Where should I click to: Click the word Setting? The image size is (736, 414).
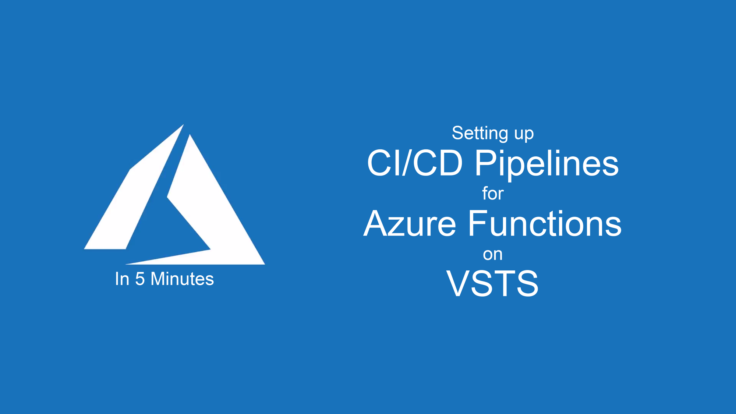480,133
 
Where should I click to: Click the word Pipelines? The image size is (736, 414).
547,164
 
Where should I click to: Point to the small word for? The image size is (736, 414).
493,193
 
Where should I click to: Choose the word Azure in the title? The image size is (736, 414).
410,223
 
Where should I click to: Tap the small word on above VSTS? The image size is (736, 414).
493,255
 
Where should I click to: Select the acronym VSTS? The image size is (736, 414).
492,283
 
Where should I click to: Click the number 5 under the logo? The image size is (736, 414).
140,279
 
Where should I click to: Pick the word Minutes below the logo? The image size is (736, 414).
182,279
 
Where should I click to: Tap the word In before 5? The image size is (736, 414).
122,279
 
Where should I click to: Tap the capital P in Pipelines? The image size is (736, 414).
485,163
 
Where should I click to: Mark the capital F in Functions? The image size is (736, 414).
478,223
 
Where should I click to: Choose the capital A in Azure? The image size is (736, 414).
376,223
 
